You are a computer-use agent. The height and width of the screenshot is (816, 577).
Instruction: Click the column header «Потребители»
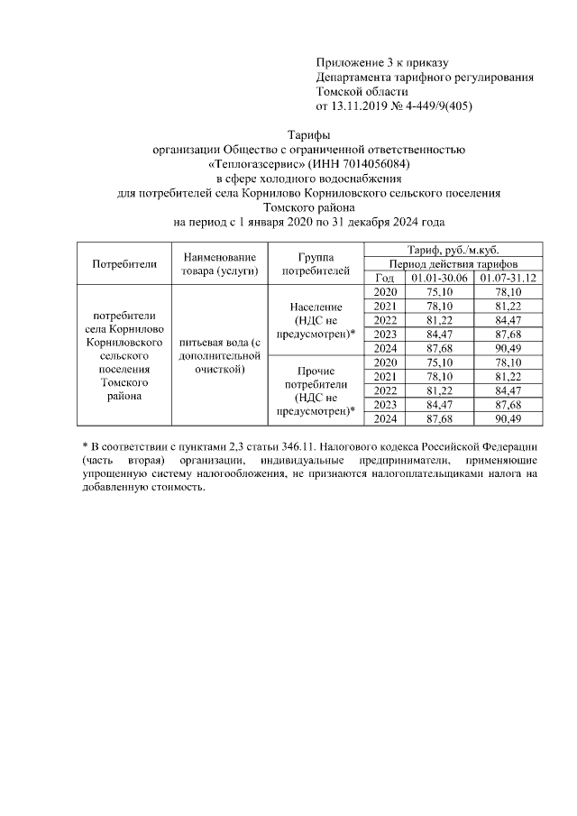[124, 263]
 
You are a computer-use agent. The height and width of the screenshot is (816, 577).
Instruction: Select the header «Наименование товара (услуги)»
[219, 263]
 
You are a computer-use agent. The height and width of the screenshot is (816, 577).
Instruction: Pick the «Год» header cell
[385, 278]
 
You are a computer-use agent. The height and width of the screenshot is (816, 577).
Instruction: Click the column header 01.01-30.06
[438, 278]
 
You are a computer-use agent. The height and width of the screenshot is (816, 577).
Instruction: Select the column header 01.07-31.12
[508, 278]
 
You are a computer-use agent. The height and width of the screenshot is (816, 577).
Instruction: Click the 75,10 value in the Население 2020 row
[438, 292]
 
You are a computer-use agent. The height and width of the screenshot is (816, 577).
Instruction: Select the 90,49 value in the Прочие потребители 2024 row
[508, 417]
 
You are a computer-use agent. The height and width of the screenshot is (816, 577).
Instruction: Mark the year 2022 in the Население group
[385, 320]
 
